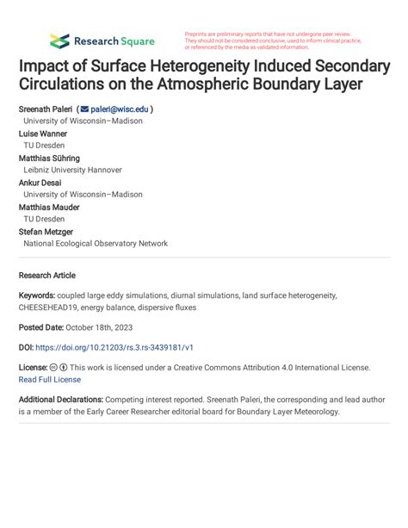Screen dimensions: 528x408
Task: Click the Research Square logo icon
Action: point(59,40)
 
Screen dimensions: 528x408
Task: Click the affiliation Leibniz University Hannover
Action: point(72,171)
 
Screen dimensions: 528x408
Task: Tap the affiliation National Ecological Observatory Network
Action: point(96,244)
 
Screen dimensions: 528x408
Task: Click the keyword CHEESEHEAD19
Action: point(55,307)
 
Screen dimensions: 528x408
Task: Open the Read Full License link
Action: point(50,380)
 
